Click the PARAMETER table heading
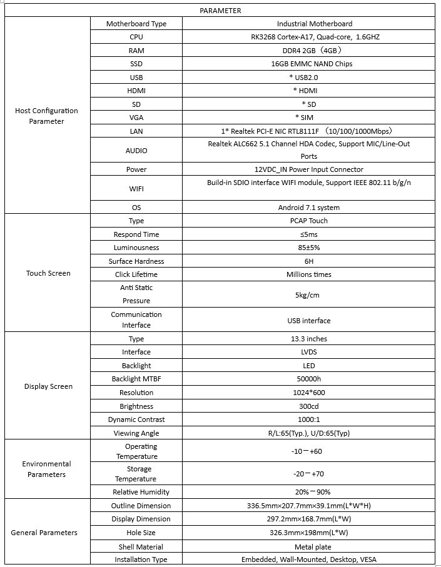coord(220,11)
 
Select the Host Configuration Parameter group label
coord(47,116)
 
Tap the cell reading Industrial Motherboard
coord(315,24)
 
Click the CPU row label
coord(136,37)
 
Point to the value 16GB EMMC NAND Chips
coord(315,64)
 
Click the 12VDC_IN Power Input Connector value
coord(314,169)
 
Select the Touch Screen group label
coord(48,273)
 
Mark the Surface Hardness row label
coord(136,261)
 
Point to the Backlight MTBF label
coord(136,379)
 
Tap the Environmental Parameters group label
coord(47,469)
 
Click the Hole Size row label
coord(136,533)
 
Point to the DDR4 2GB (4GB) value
coord(314,51)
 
